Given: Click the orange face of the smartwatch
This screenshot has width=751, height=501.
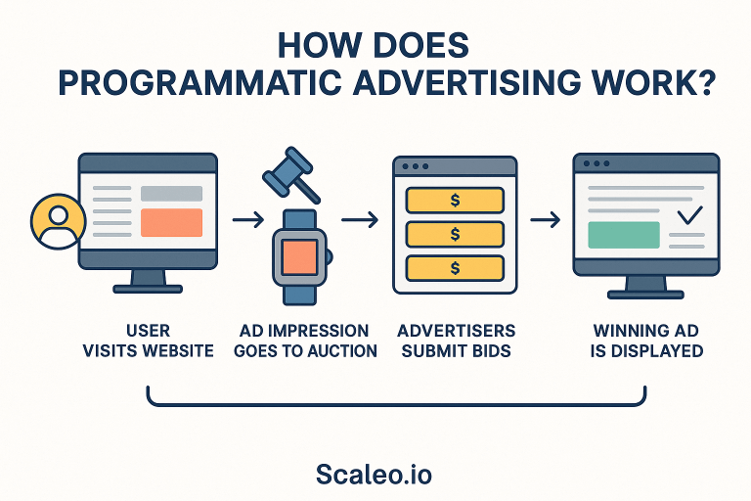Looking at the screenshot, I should (x=298, y=256).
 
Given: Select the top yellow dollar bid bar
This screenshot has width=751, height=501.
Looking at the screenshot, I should (x=454, y=201).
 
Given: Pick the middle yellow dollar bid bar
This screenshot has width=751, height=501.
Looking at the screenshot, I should (x=454, y=234).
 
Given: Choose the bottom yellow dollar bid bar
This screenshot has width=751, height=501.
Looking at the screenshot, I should (x=454, y=267).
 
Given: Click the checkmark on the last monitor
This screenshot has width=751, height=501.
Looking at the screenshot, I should (x=690, y=215).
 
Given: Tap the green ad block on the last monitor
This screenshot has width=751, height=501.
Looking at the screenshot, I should (x=623, y=235).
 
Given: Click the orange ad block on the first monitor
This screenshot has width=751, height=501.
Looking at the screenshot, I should (x=171, y=223).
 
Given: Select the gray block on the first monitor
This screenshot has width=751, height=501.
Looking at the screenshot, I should (x=171, y=194).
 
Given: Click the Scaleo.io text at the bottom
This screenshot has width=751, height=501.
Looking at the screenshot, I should (x=374, y=475).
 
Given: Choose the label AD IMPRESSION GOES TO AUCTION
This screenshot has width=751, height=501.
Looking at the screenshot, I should (x=305, y=341).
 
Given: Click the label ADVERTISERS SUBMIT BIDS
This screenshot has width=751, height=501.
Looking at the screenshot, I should (x=456, y=341).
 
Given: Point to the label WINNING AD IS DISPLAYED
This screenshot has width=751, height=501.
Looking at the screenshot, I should (x=646, y=341).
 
